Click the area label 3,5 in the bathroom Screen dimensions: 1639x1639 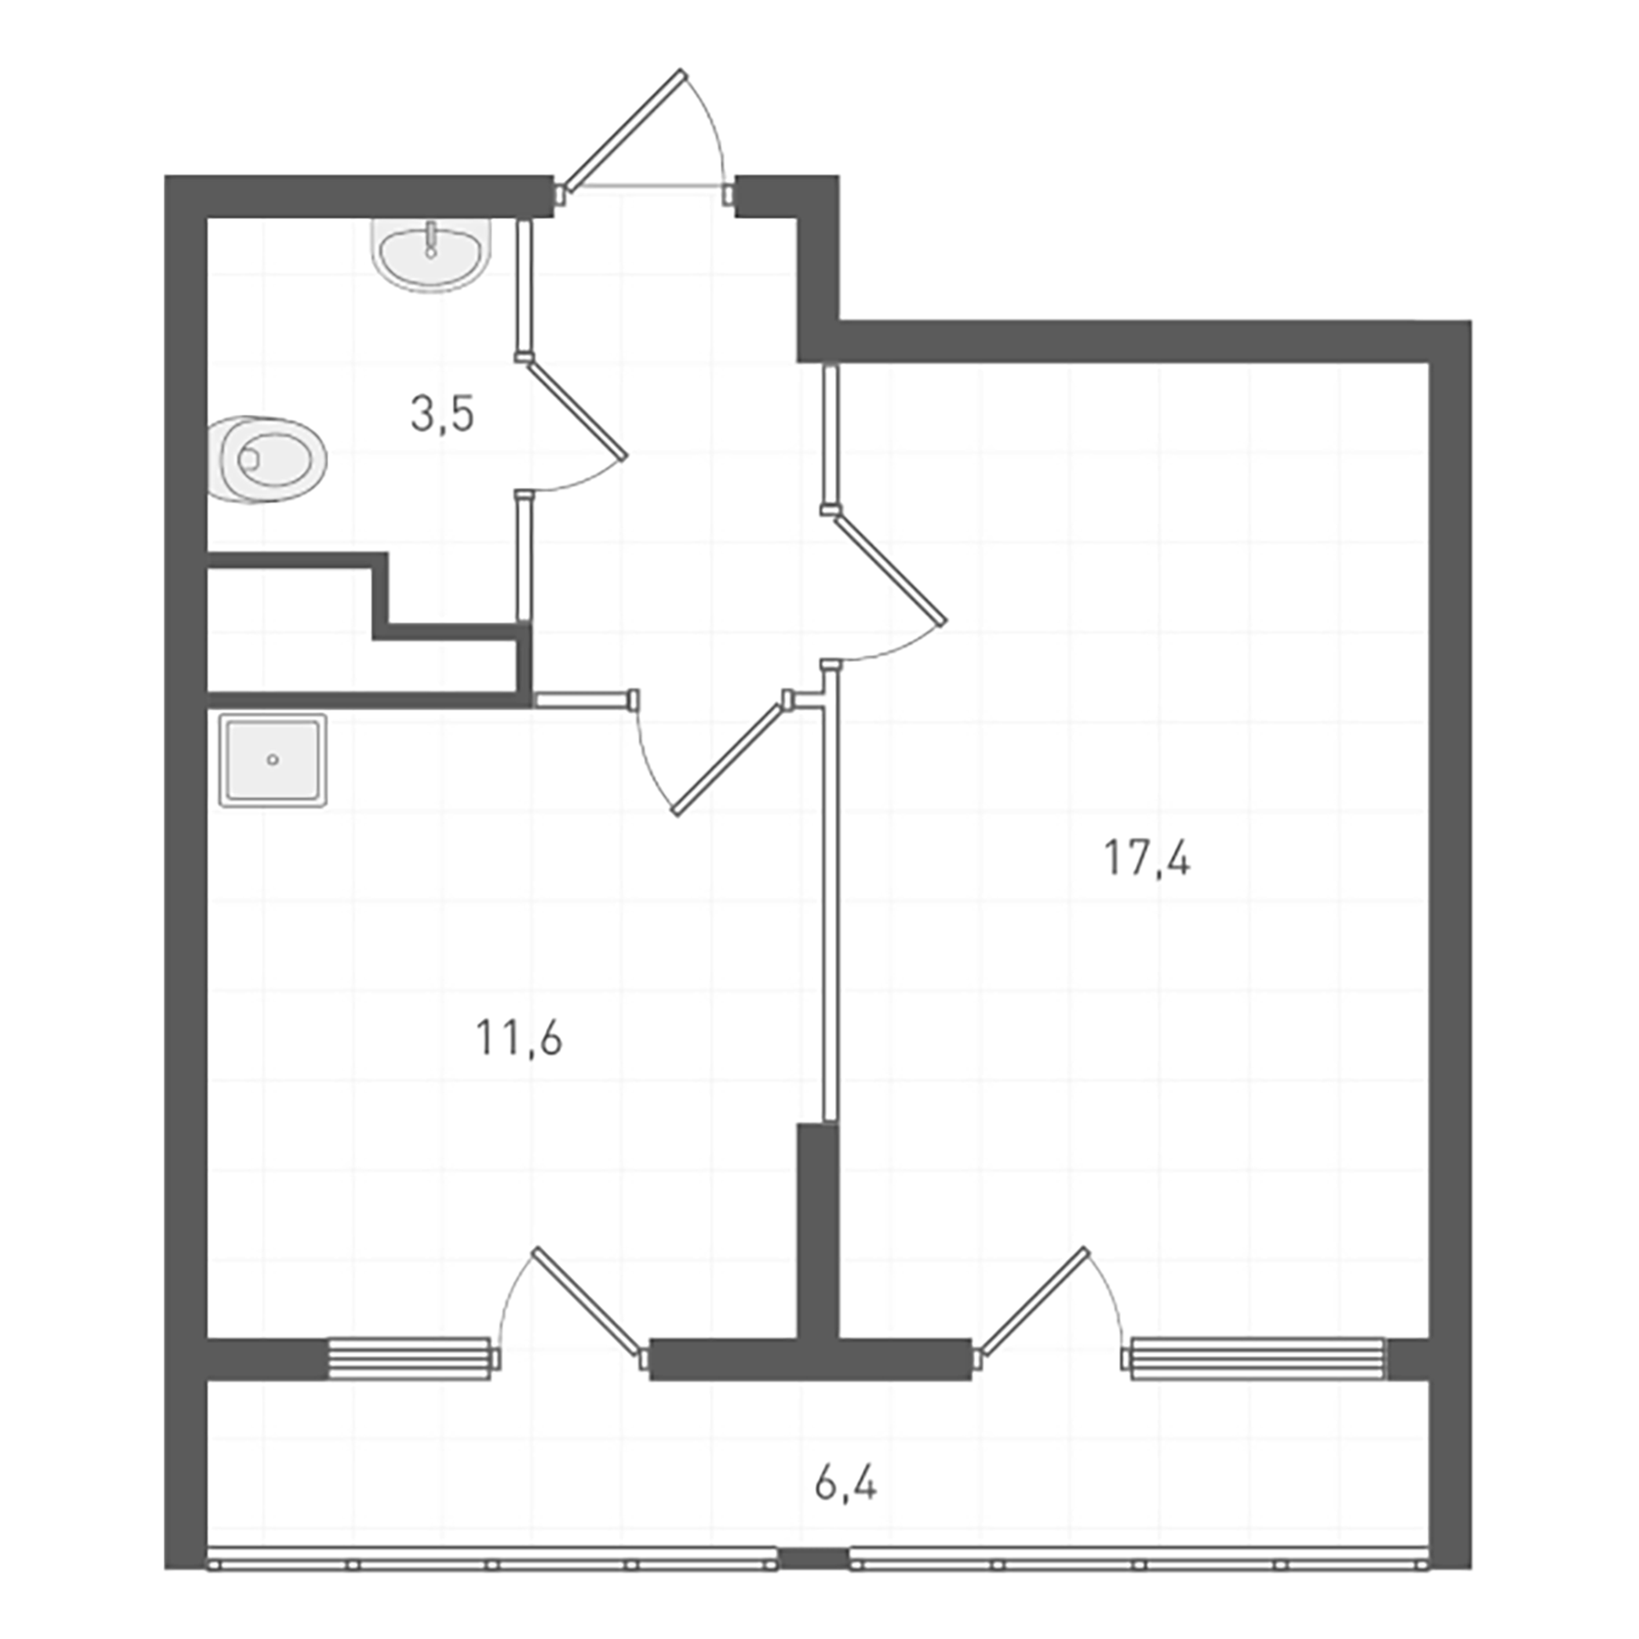coord(443,415)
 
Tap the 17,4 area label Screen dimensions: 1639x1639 coord(1146,859)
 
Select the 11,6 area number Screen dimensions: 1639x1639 coord(519,1039)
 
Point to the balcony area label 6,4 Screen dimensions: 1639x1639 coord(846,1485)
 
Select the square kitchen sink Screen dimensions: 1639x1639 coord(272,760)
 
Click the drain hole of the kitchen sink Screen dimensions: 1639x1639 coord(272,759)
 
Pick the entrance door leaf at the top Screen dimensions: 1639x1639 coord(624,128)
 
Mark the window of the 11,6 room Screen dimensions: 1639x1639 coord(409,1359)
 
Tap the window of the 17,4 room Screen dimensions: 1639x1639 coord(1257,1359)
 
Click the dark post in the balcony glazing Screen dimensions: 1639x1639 coord(813,1559)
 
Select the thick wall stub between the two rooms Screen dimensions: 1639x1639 coord(817,1229)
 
